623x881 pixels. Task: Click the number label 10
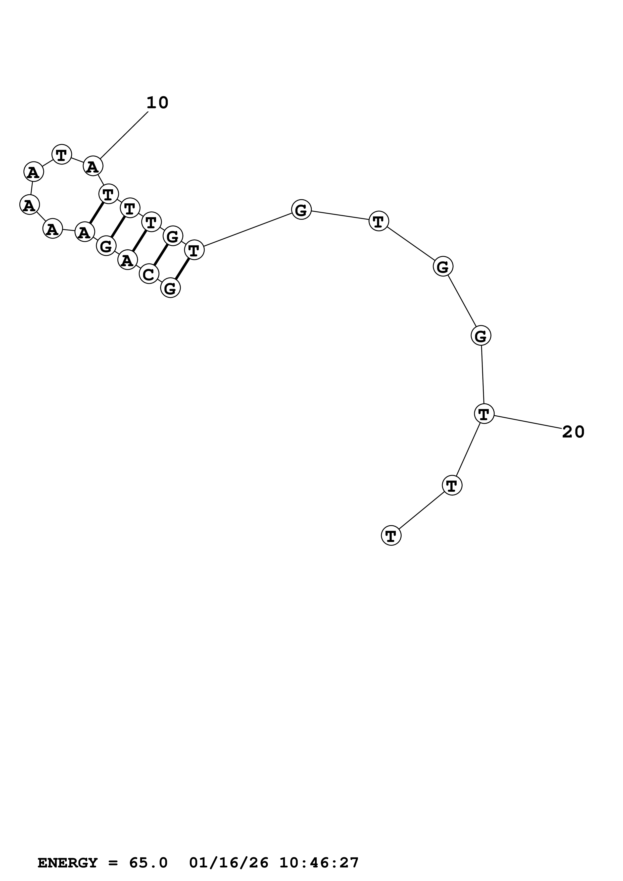point(157,103)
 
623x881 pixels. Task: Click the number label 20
point(573,432)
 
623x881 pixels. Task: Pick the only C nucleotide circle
point(149,274)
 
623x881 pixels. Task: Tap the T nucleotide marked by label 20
point(484,414)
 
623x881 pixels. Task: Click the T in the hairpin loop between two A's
point(61,154)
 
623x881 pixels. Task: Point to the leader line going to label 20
point(528,422)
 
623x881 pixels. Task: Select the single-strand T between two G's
point(378,221)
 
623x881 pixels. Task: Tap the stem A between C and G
point(127,260)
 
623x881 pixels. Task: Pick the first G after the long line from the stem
point(301,209)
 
